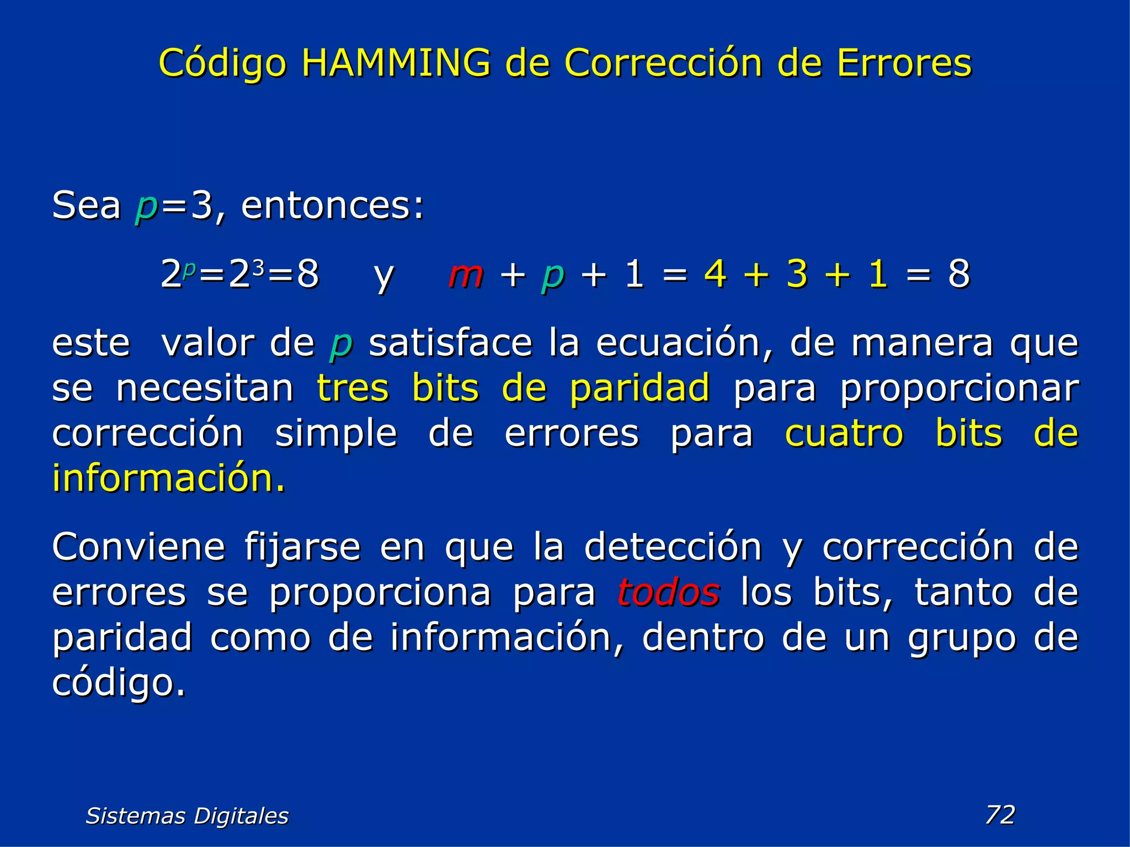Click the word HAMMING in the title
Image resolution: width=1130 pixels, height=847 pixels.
(x=396, y=63)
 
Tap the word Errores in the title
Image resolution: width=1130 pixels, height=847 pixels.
(x=904, y=63)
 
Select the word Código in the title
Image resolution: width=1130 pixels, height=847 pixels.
(x=222, y=64)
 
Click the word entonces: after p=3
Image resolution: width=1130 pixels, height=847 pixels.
(x=333, y=206)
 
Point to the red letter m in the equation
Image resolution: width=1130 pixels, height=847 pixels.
(x=466, y=274)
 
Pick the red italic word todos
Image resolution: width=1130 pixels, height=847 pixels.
(x=668, y=592)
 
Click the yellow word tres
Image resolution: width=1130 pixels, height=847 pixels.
(x=353, y=388)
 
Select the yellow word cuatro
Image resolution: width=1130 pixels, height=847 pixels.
(x=844, y=433)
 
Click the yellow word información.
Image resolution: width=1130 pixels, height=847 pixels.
(x=169, y=478)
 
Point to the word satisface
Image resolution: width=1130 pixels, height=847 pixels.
(x=450, y=343)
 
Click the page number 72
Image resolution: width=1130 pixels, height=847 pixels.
(x=1000, y=814)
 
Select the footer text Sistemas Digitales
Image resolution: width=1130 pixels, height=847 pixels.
(x=187, y=816)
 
